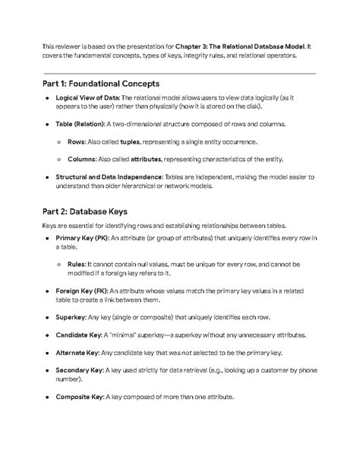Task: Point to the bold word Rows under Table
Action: click(x=77, y=142)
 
